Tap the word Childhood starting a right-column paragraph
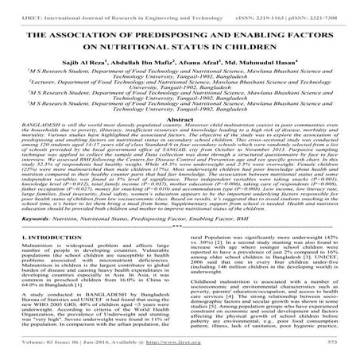click(204, 302)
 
